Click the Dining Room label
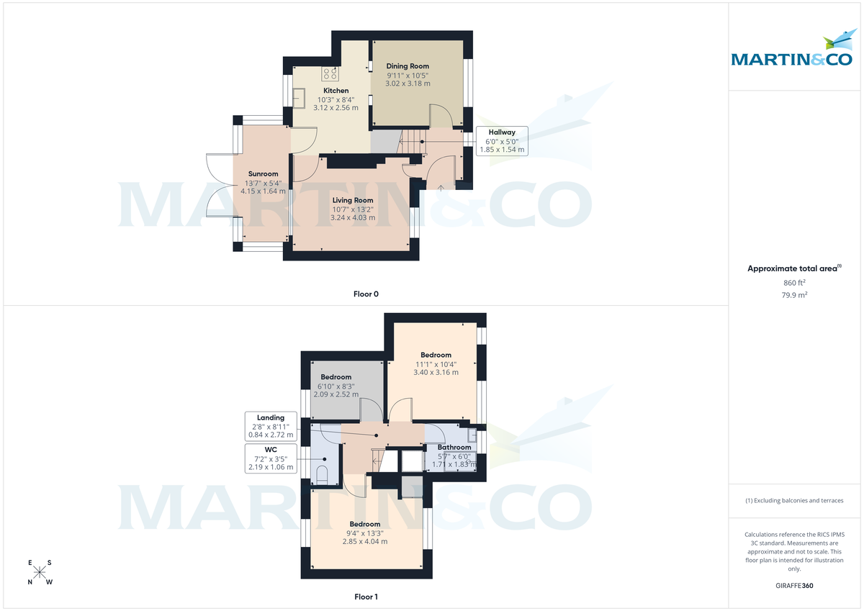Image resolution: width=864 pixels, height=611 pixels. click(x=408, y=66)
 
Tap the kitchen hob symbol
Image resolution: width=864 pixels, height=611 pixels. click(x=331, y=73)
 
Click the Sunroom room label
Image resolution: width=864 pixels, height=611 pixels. click(x=264, y=173)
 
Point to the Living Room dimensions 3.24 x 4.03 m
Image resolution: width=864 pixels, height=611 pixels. click(x=352, y=217)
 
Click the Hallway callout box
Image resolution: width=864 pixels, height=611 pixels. click(x=502, y=141)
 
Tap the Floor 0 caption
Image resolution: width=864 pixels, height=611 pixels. click(x=366, y=294)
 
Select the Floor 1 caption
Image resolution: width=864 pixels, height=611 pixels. click(x=366, y=597)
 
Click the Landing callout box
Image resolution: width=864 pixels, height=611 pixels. click(x=270, y=426)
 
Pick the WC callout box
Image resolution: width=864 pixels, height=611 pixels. click(x=270, y=458)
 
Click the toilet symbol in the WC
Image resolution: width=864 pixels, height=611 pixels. click(x=322, y=475)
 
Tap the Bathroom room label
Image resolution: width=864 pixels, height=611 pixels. click(x=454, y=448)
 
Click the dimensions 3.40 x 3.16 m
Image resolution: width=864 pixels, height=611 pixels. click(x=436, y=372)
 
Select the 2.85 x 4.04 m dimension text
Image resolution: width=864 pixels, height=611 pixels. click(x=365, y=541)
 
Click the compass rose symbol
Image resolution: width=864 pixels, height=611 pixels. click(x=40, y=572)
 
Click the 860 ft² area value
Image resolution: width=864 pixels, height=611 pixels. click(x=794, y=283)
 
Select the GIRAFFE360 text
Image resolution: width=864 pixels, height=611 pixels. click(x=794, y=586)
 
